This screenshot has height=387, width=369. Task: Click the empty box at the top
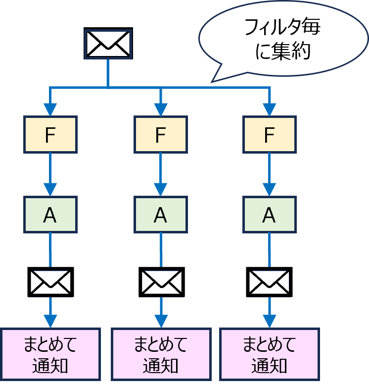tap(108, 44)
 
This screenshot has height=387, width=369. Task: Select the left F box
tap(50, 134)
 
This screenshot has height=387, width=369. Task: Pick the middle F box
tap(160, 134)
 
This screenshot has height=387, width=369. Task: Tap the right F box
tap(269, 134)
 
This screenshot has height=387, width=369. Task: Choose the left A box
tap(50, 215)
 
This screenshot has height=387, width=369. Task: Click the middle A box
tap(160, 215)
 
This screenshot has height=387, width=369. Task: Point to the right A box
tap(269, 215)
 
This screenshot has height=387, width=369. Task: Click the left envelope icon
tap(50, 282)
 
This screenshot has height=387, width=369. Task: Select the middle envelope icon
tap(161, 282)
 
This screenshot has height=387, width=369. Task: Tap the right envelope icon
tap(269, 282)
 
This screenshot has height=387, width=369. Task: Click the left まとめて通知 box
tap(50, 354)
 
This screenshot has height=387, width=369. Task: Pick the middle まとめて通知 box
tap(161, 354)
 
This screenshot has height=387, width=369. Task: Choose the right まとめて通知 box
tap(269, 354)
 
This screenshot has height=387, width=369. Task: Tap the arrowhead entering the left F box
tap(50, 110)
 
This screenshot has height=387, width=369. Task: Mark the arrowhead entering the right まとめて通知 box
tap(269, 322)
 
